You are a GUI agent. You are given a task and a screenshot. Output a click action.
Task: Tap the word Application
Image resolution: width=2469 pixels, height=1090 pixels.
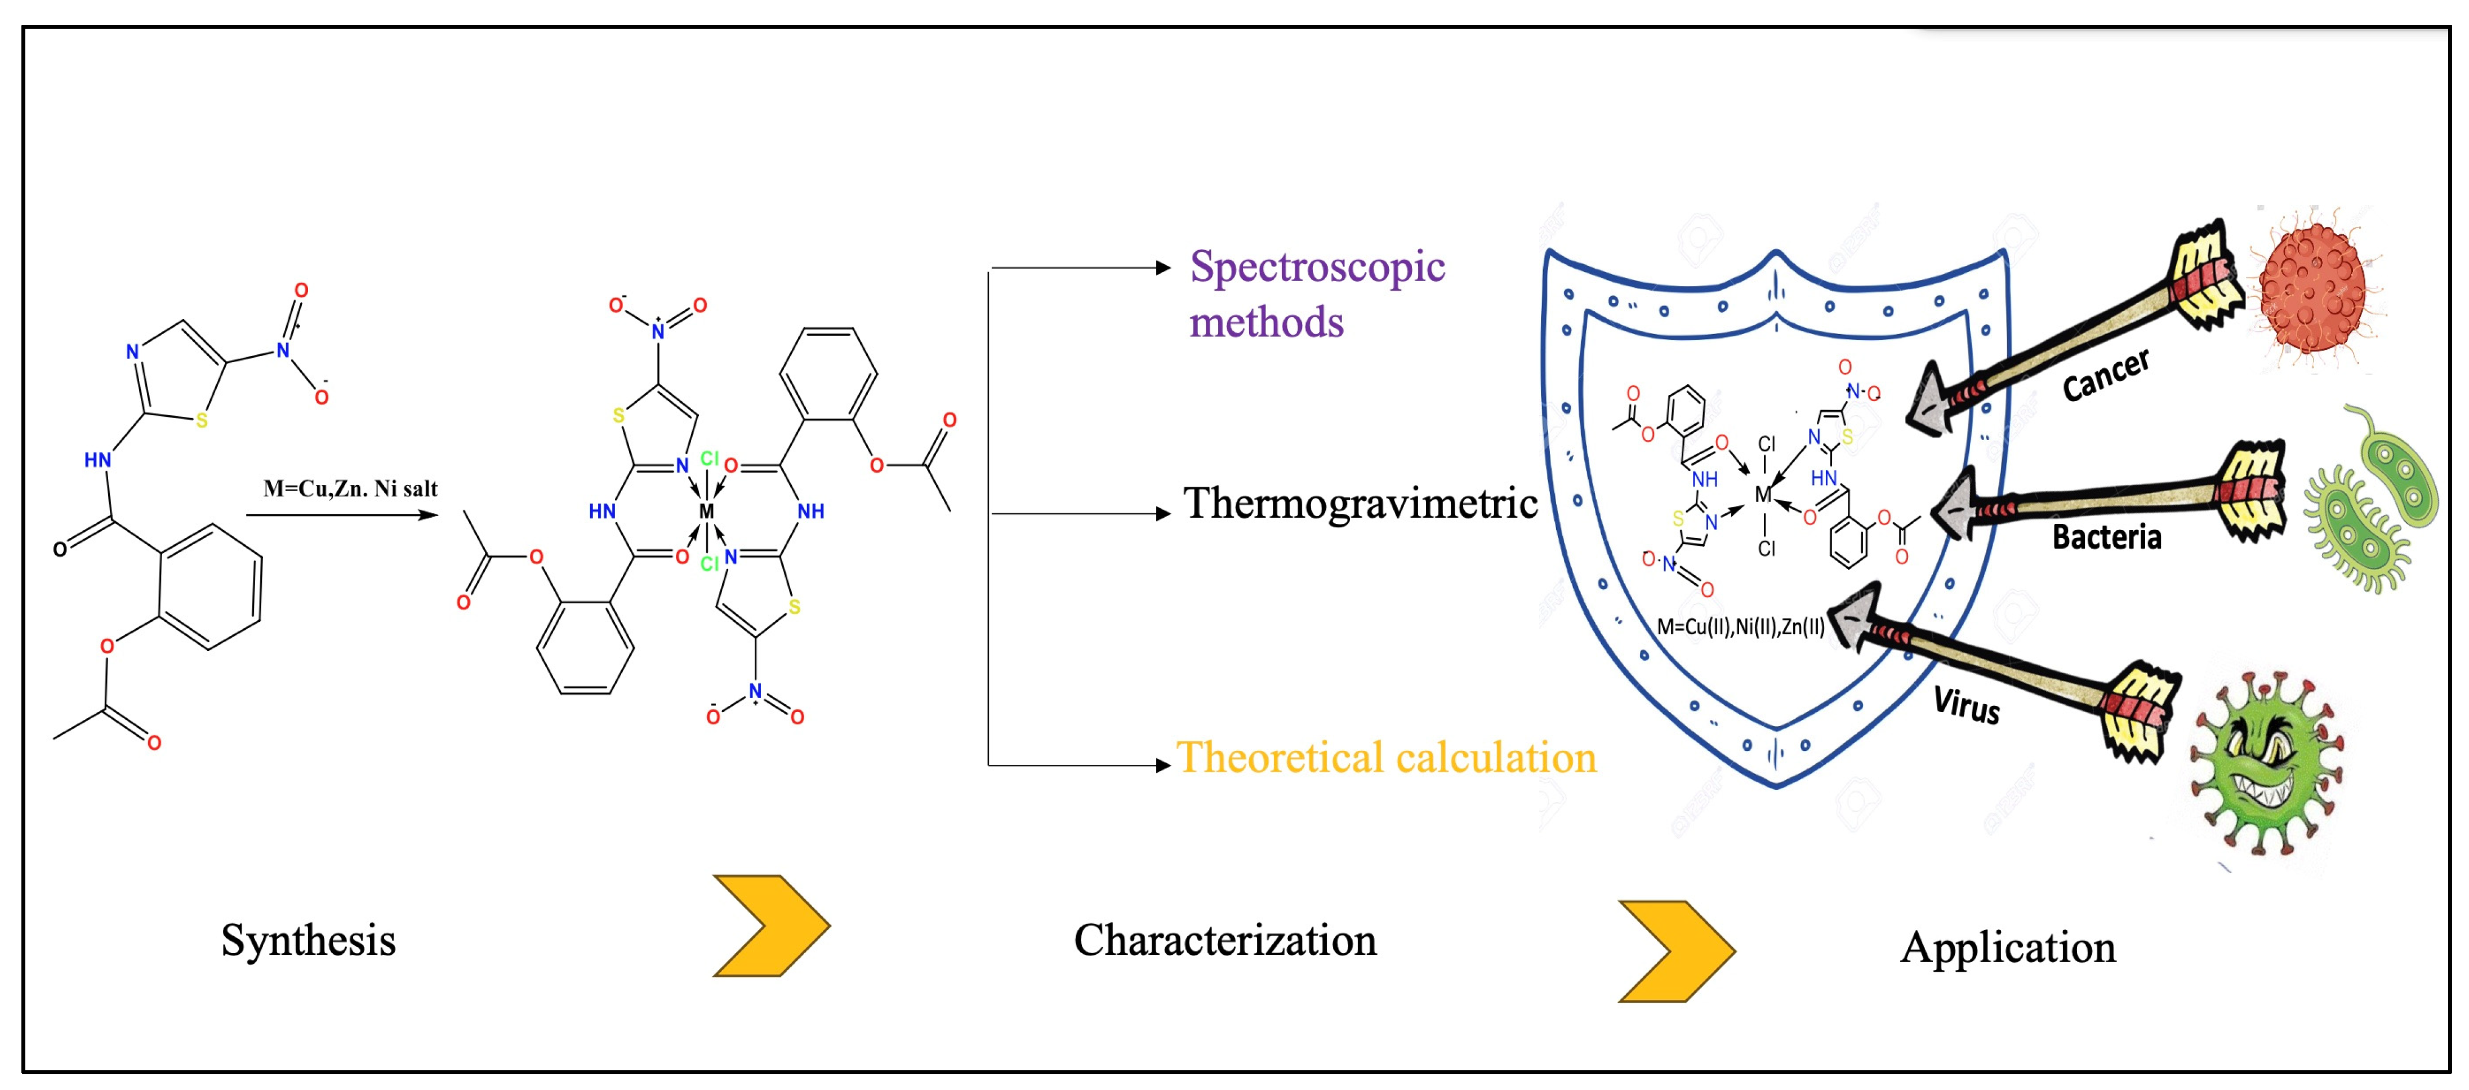pos(2007,947)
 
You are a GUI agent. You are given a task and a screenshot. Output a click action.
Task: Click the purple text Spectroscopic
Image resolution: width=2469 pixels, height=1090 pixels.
pos(1317,268)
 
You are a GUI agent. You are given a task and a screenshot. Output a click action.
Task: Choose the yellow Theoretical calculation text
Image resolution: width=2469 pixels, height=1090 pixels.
pos(1386,757)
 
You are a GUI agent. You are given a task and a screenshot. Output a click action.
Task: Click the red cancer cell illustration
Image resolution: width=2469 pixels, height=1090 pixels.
pos(2312,288)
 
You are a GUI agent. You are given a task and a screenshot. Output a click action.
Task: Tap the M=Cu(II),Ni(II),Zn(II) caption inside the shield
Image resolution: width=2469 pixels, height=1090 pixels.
pos(1740,627)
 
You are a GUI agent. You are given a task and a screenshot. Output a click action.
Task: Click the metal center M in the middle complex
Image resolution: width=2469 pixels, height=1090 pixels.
pos(706,511)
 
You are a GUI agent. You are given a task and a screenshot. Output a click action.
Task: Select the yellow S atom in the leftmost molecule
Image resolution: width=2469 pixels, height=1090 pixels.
pos(201,420)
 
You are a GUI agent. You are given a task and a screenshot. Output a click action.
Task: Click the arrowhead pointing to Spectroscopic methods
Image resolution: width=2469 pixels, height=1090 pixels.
pos(1164,268)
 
